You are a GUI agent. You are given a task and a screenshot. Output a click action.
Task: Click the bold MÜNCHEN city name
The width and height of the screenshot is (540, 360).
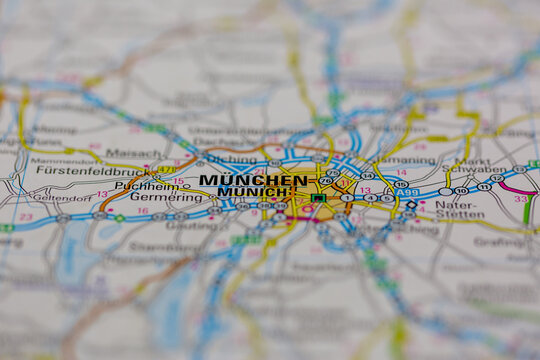pyautogui.click(x=253, y=180)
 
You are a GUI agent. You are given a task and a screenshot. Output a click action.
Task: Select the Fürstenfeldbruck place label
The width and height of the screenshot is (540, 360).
pyautogui.click(x=86, y=170)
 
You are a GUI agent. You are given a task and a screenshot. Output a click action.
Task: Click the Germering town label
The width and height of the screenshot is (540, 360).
pyautogui.click(x=166, y=198)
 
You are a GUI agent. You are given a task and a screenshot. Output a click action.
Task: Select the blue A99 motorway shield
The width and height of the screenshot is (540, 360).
pyautogui.click(x=410, y=191)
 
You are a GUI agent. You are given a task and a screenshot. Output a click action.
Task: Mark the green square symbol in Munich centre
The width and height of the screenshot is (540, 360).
pyautogui.click(x=318, y=198)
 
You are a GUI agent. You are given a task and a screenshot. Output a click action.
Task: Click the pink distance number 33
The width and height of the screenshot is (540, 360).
pyautogui.click(x=520, y=198)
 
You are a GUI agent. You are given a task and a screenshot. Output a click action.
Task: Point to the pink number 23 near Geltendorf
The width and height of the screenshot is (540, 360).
pyautogui.click(x=25, y=216)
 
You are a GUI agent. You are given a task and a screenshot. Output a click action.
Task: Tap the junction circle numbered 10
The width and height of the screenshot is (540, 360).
pyautogui.click(x=461, y=190)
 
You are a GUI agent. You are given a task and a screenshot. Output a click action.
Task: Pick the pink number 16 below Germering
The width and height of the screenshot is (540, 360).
pyautogui.click(x=141, y=211)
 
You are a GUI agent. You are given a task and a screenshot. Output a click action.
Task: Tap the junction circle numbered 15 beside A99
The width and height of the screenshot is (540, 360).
pyautogui.click(x=401, y=184)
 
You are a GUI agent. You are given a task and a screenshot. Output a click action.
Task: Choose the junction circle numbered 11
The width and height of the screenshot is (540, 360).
pyautogui.click(x=484, y=186)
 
